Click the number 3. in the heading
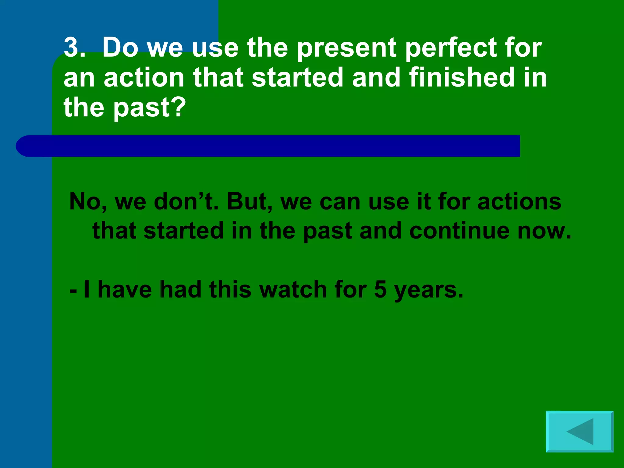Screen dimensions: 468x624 click(x=74, y=48)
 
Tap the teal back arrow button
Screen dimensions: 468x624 click(x=580, y=431)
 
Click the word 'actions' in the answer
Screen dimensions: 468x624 click(x=519, y=202)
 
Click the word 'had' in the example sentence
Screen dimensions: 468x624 click(x=180, y=289)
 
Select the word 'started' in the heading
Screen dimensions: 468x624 click(x=297, y=77)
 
